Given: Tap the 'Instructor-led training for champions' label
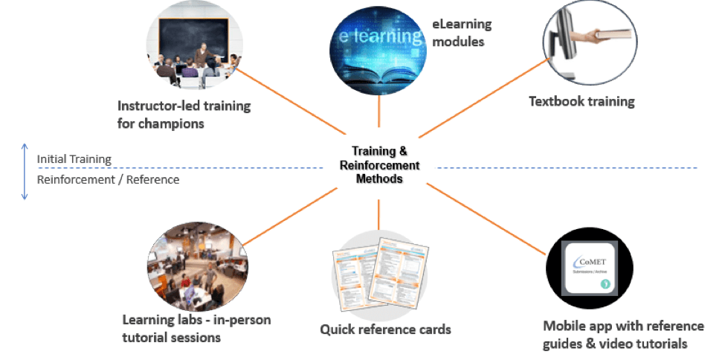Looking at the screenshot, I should pos(184,115).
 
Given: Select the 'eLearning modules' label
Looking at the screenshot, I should pos(462,33).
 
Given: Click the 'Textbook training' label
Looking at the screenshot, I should pos(581,101).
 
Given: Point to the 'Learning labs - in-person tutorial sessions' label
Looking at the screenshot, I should pos(196,329).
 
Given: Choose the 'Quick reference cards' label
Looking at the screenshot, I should pos(385,329).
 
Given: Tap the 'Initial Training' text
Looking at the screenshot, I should pos(74,158).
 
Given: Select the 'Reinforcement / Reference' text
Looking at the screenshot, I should pos(108,179).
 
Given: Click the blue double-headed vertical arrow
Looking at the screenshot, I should pos(25,170).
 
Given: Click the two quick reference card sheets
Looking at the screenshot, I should pos(379,271).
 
